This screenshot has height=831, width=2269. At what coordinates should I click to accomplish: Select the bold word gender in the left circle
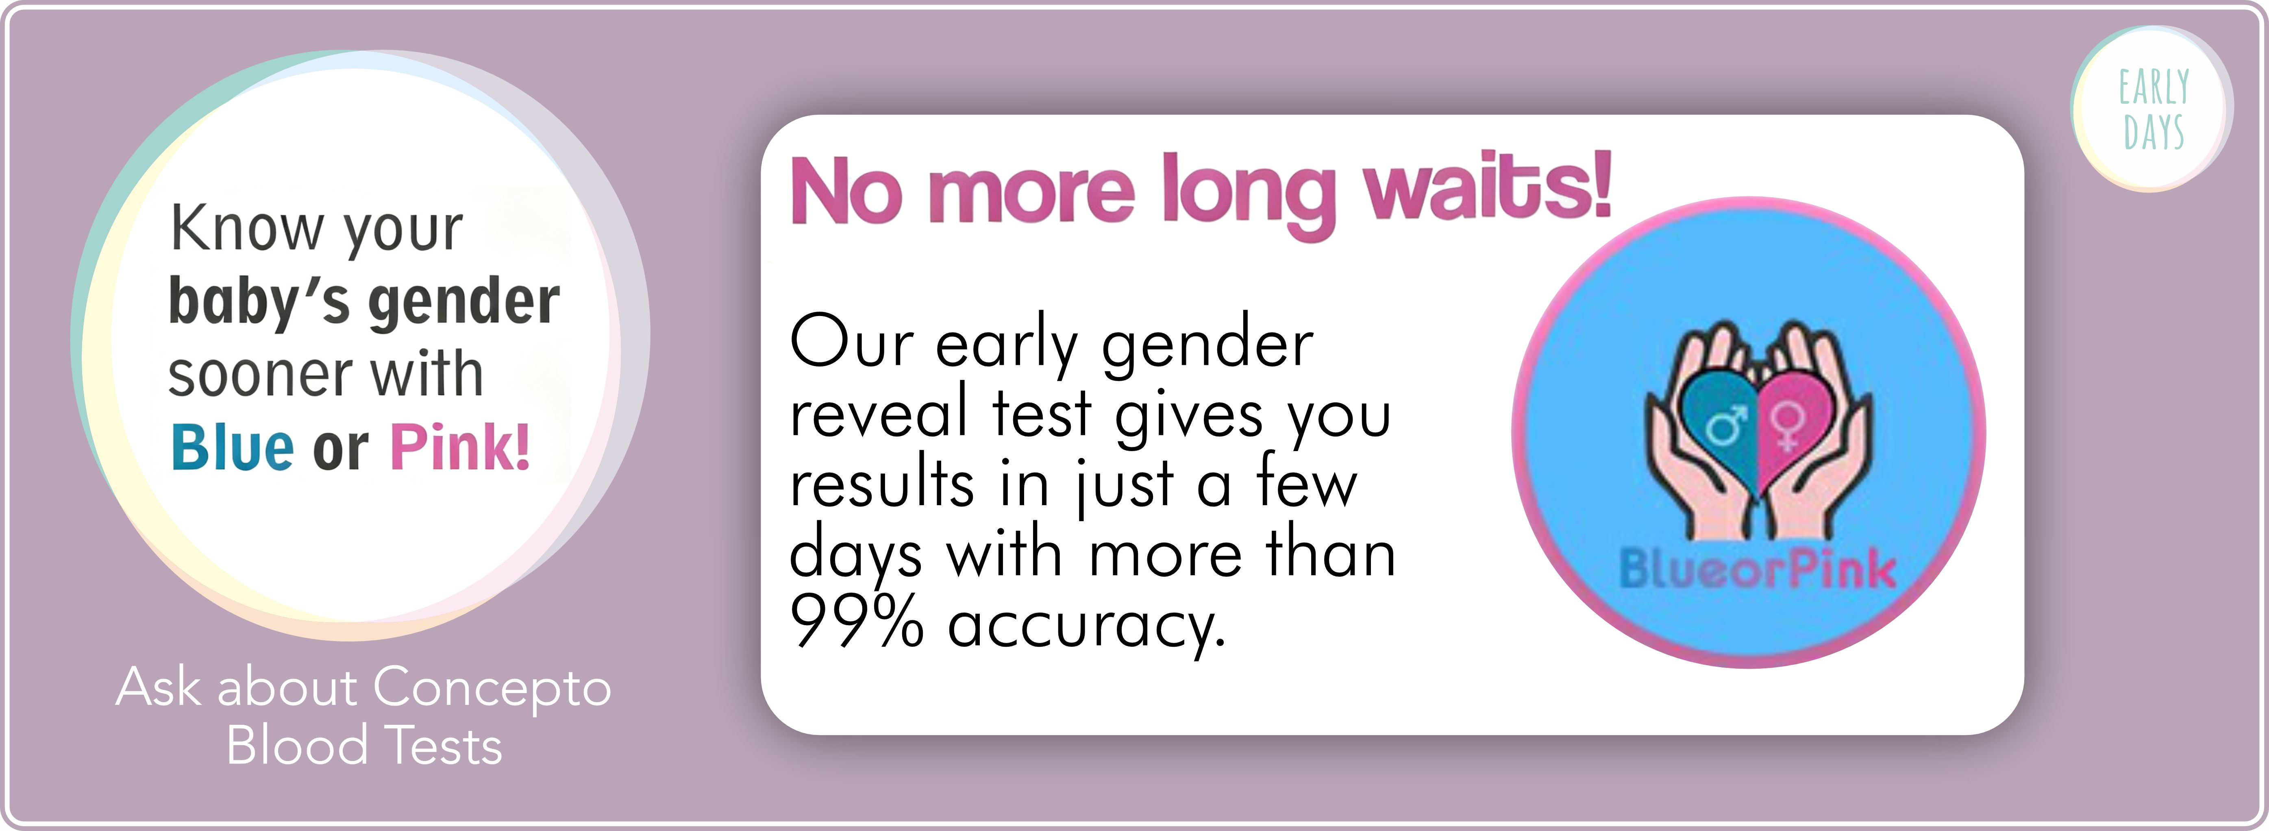click(x=463, y=302)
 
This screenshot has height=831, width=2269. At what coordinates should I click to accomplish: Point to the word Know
click(x=247, y=228)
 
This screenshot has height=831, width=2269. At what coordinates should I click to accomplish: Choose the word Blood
click(x=297, y=746)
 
